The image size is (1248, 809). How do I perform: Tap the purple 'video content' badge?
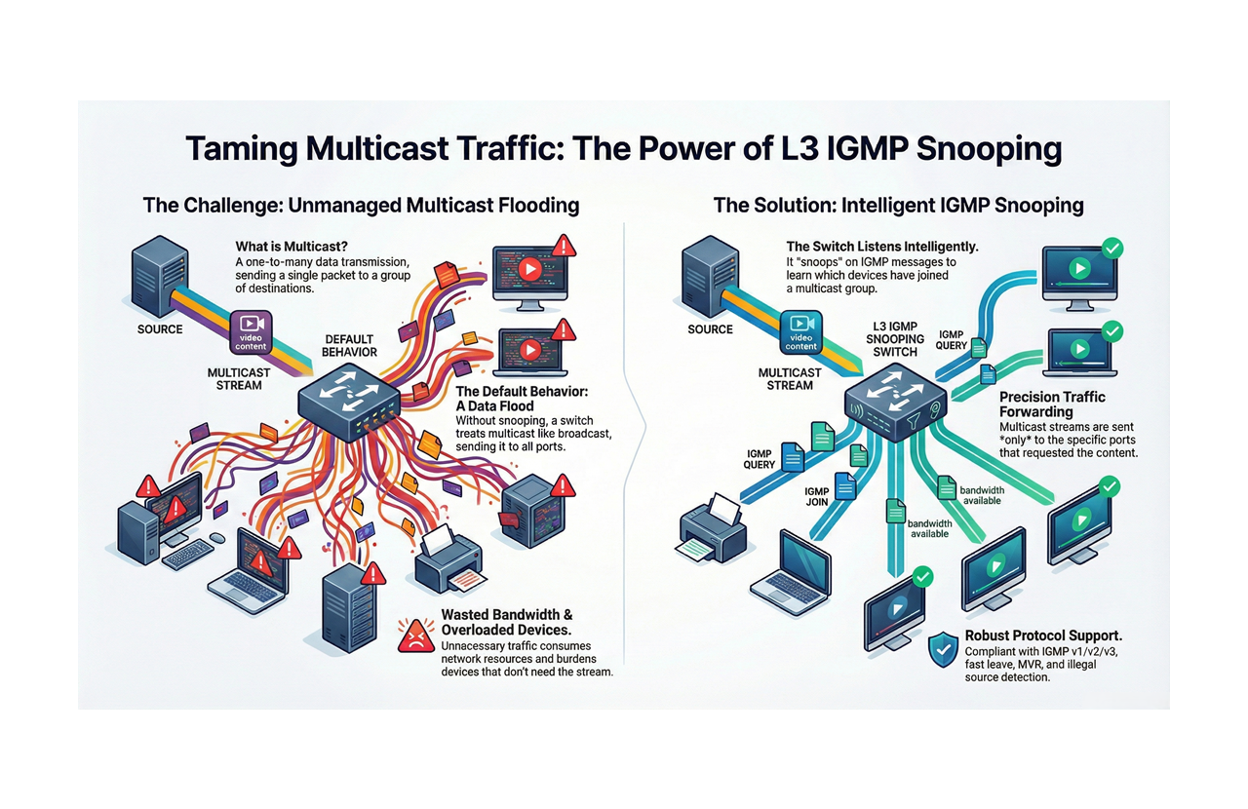pos(251,332)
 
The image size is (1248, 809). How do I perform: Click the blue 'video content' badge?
pos(800,331)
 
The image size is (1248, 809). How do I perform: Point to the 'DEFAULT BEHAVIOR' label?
pos(349,346)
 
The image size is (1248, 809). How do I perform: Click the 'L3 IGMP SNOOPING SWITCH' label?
pos(895,338)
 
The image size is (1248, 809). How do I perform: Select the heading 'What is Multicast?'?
pos(292,248)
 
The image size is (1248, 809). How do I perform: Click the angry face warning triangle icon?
pos(416,636)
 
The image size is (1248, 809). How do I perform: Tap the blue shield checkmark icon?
pos(943,649)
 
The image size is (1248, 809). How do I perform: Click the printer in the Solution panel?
pos(712,531)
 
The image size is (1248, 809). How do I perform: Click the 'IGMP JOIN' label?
pos(817,497)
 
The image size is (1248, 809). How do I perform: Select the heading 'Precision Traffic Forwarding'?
pos(1052,404)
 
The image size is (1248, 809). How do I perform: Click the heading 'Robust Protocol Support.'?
pos(1043,636)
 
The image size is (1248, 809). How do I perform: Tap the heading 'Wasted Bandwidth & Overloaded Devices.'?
pos(506,622)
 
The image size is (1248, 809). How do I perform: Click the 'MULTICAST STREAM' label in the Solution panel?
pos(790,378)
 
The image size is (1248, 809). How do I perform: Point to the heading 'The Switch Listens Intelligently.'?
pos(882,248)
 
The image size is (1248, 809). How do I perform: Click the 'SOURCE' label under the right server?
pos(710,329)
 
